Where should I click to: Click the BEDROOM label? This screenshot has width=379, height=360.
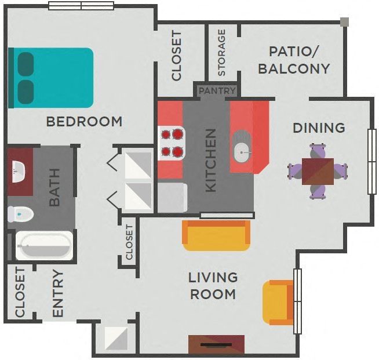pyautogui.click(x=84, y=122)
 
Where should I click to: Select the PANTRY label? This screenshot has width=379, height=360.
pyautogui.click(x=217, y=91)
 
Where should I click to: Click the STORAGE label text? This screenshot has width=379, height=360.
pyautogui.click(x=221, y=53)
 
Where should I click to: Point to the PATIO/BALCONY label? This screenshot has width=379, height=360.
pyautogui.click(x=294, y=60)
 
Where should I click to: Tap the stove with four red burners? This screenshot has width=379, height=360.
pyautogui.click(x=171, y=143)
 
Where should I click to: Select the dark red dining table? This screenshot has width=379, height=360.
pyautogui.click(x=318, y=171)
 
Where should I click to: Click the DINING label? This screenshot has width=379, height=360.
pyautogui.click(x=319, y=128)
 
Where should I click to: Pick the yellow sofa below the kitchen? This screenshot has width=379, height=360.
pyautogui.click(x=216, y=235)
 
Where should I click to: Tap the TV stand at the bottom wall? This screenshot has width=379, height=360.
pyautogui.click(x=216, y=344)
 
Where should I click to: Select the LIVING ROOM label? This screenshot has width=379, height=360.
pyautogui.click(x=213, y=286)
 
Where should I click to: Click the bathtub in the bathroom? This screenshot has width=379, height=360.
pyautogui.click(x=44, y=246)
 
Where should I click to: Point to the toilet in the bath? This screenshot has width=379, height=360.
pyautogui.click(x=20, y=214)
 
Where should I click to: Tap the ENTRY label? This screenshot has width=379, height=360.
pyautogui.click(x=58, y=293)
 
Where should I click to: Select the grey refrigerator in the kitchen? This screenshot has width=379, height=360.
pyautogui.click(x=172, y=197)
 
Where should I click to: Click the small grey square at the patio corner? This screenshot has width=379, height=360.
pyautogui.click(x=344, y=22)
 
